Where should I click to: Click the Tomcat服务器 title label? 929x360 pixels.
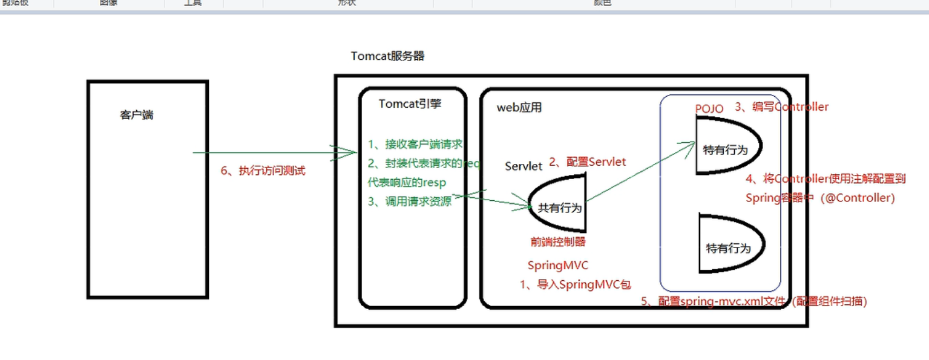[387, 56]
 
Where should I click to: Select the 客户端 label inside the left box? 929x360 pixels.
[136, 115]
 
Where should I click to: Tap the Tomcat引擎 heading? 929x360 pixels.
[410, 103]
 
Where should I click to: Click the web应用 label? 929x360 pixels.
[519, 108]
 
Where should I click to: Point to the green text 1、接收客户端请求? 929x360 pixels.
[415, 144]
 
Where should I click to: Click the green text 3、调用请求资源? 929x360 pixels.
[410, 202]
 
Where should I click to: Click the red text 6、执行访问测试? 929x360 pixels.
[263, 171]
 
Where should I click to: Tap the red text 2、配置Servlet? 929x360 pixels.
[587, 162]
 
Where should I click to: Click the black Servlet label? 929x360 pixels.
[524, 166]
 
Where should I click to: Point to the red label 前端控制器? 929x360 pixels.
[557, 241]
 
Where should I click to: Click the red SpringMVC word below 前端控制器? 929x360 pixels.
[557, 265]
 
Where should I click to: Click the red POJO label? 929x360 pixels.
[709, 109]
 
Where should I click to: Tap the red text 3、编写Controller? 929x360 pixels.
[781, 107]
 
